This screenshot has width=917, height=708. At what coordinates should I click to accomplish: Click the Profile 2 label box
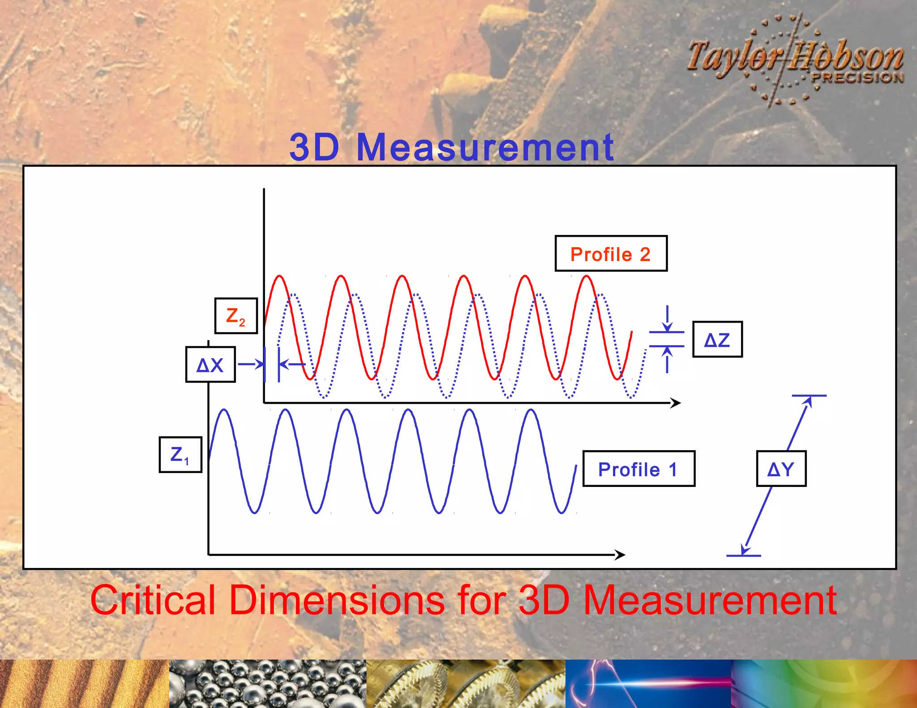point(611,254)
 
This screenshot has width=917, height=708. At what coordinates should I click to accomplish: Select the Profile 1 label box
point(638,469)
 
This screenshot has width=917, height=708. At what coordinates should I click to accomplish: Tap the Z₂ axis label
point(236,316)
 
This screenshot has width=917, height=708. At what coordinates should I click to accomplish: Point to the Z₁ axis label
point(180,455)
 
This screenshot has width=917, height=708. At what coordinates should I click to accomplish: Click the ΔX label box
point(210,365)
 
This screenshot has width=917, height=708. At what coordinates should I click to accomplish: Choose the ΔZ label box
point(717,340)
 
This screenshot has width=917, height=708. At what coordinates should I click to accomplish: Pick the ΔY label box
point(781,469)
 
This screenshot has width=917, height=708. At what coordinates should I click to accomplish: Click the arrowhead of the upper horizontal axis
point(676,403)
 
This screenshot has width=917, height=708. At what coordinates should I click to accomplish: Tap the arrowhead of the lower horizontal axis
point(621,555)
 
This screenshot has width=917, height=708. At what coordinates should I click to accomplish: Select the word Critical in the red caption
point(154,600)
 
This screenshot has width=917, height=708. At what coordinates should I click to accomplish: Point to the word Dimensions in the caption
point(337,600)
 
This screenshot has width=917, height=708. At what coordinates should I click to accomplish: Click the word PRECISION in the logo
point(857,78)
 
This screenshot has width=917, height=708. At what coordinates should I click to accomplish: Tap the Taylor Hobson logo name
point(795,58)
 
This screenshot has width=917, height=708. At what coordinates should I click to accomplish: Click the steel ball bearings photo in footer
point(267,684)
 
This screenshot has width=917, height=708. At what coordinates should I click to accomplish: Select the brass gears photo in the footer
point(466,684)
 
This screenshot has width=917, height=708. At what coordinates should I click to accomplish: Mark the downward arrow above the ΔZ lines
point(667,319)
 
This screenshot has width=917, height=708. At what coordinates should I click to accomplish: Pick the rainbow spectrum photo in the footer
point(824,684)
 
